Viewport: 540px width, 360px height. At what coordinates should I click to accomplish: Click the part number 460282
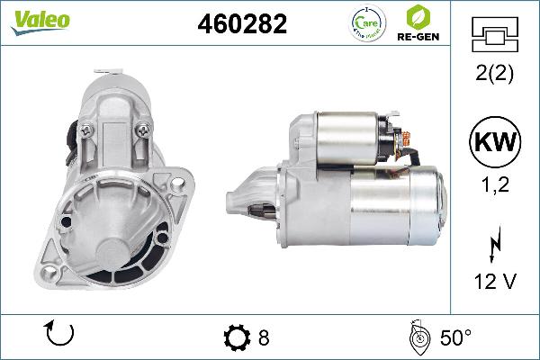(242, 24)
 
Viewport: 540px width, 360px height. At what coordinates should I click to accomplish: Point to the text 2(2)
(493, 76)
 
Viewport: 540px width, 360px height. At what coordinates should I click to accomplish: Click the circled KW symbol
(493, 143)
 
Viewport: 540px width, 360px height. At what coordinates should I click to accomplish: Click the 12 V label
(493, 280)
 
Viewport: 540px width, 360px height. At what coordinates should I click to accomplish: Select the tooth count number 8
(264, 337)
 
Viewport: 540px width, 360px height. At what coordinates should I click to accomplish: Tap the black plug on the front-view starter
(69, 139)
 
